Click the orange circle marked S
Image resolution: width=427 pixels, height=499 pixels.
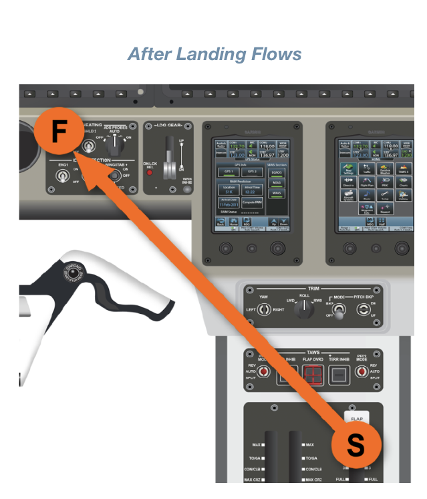click(356, 445)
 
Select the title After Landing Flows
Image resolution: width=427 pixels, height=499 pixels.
click(215, 54)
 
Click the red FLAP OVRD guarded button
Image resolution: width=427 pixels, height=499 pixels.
click(312, 375)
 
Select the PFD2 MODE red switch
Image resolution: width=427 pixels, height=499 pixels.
click(363, 372)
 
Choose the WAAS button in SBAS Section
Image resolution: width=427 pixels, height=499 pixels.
click(276, 192)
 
